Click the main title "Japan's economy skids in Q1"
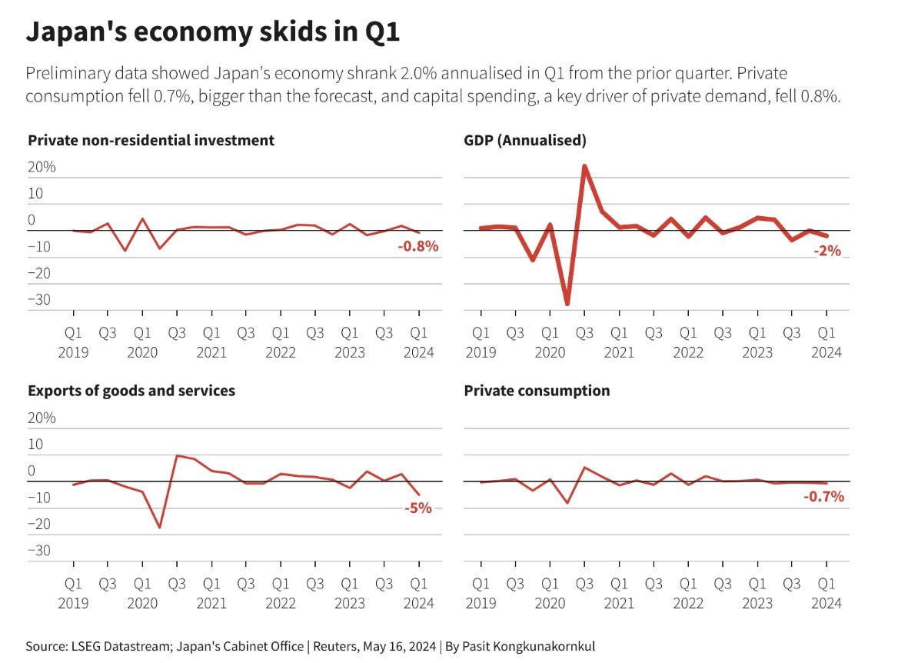coord(213,32)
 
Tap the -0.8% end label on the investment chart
coord(418,246)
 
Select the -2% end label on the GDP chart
coord(827,251)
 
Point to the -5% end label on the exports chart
coord(418,508)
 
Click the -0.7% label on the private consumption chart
coord(823,497)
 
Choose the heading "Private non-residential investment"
coord(151,140)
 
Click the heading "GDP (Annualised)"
coord(525,140)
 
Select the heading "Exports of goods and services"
coord(131,391)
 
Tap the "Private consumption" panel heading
coord(537,391)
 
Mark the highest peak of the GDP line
coord(585,166)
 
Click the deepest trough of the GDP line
coord(567,305)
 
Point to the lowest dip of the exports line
coord(160,528)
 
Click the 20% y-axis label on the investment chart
coord(42,167)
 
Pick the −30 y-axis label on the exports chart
coord(40,551)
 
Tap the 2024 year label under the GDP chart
coord(826,352)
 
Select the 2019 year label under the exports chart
coord(74,603)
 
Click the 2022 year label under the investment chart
coord(281,352)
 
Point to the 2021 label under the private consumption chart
coord(619,603)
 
